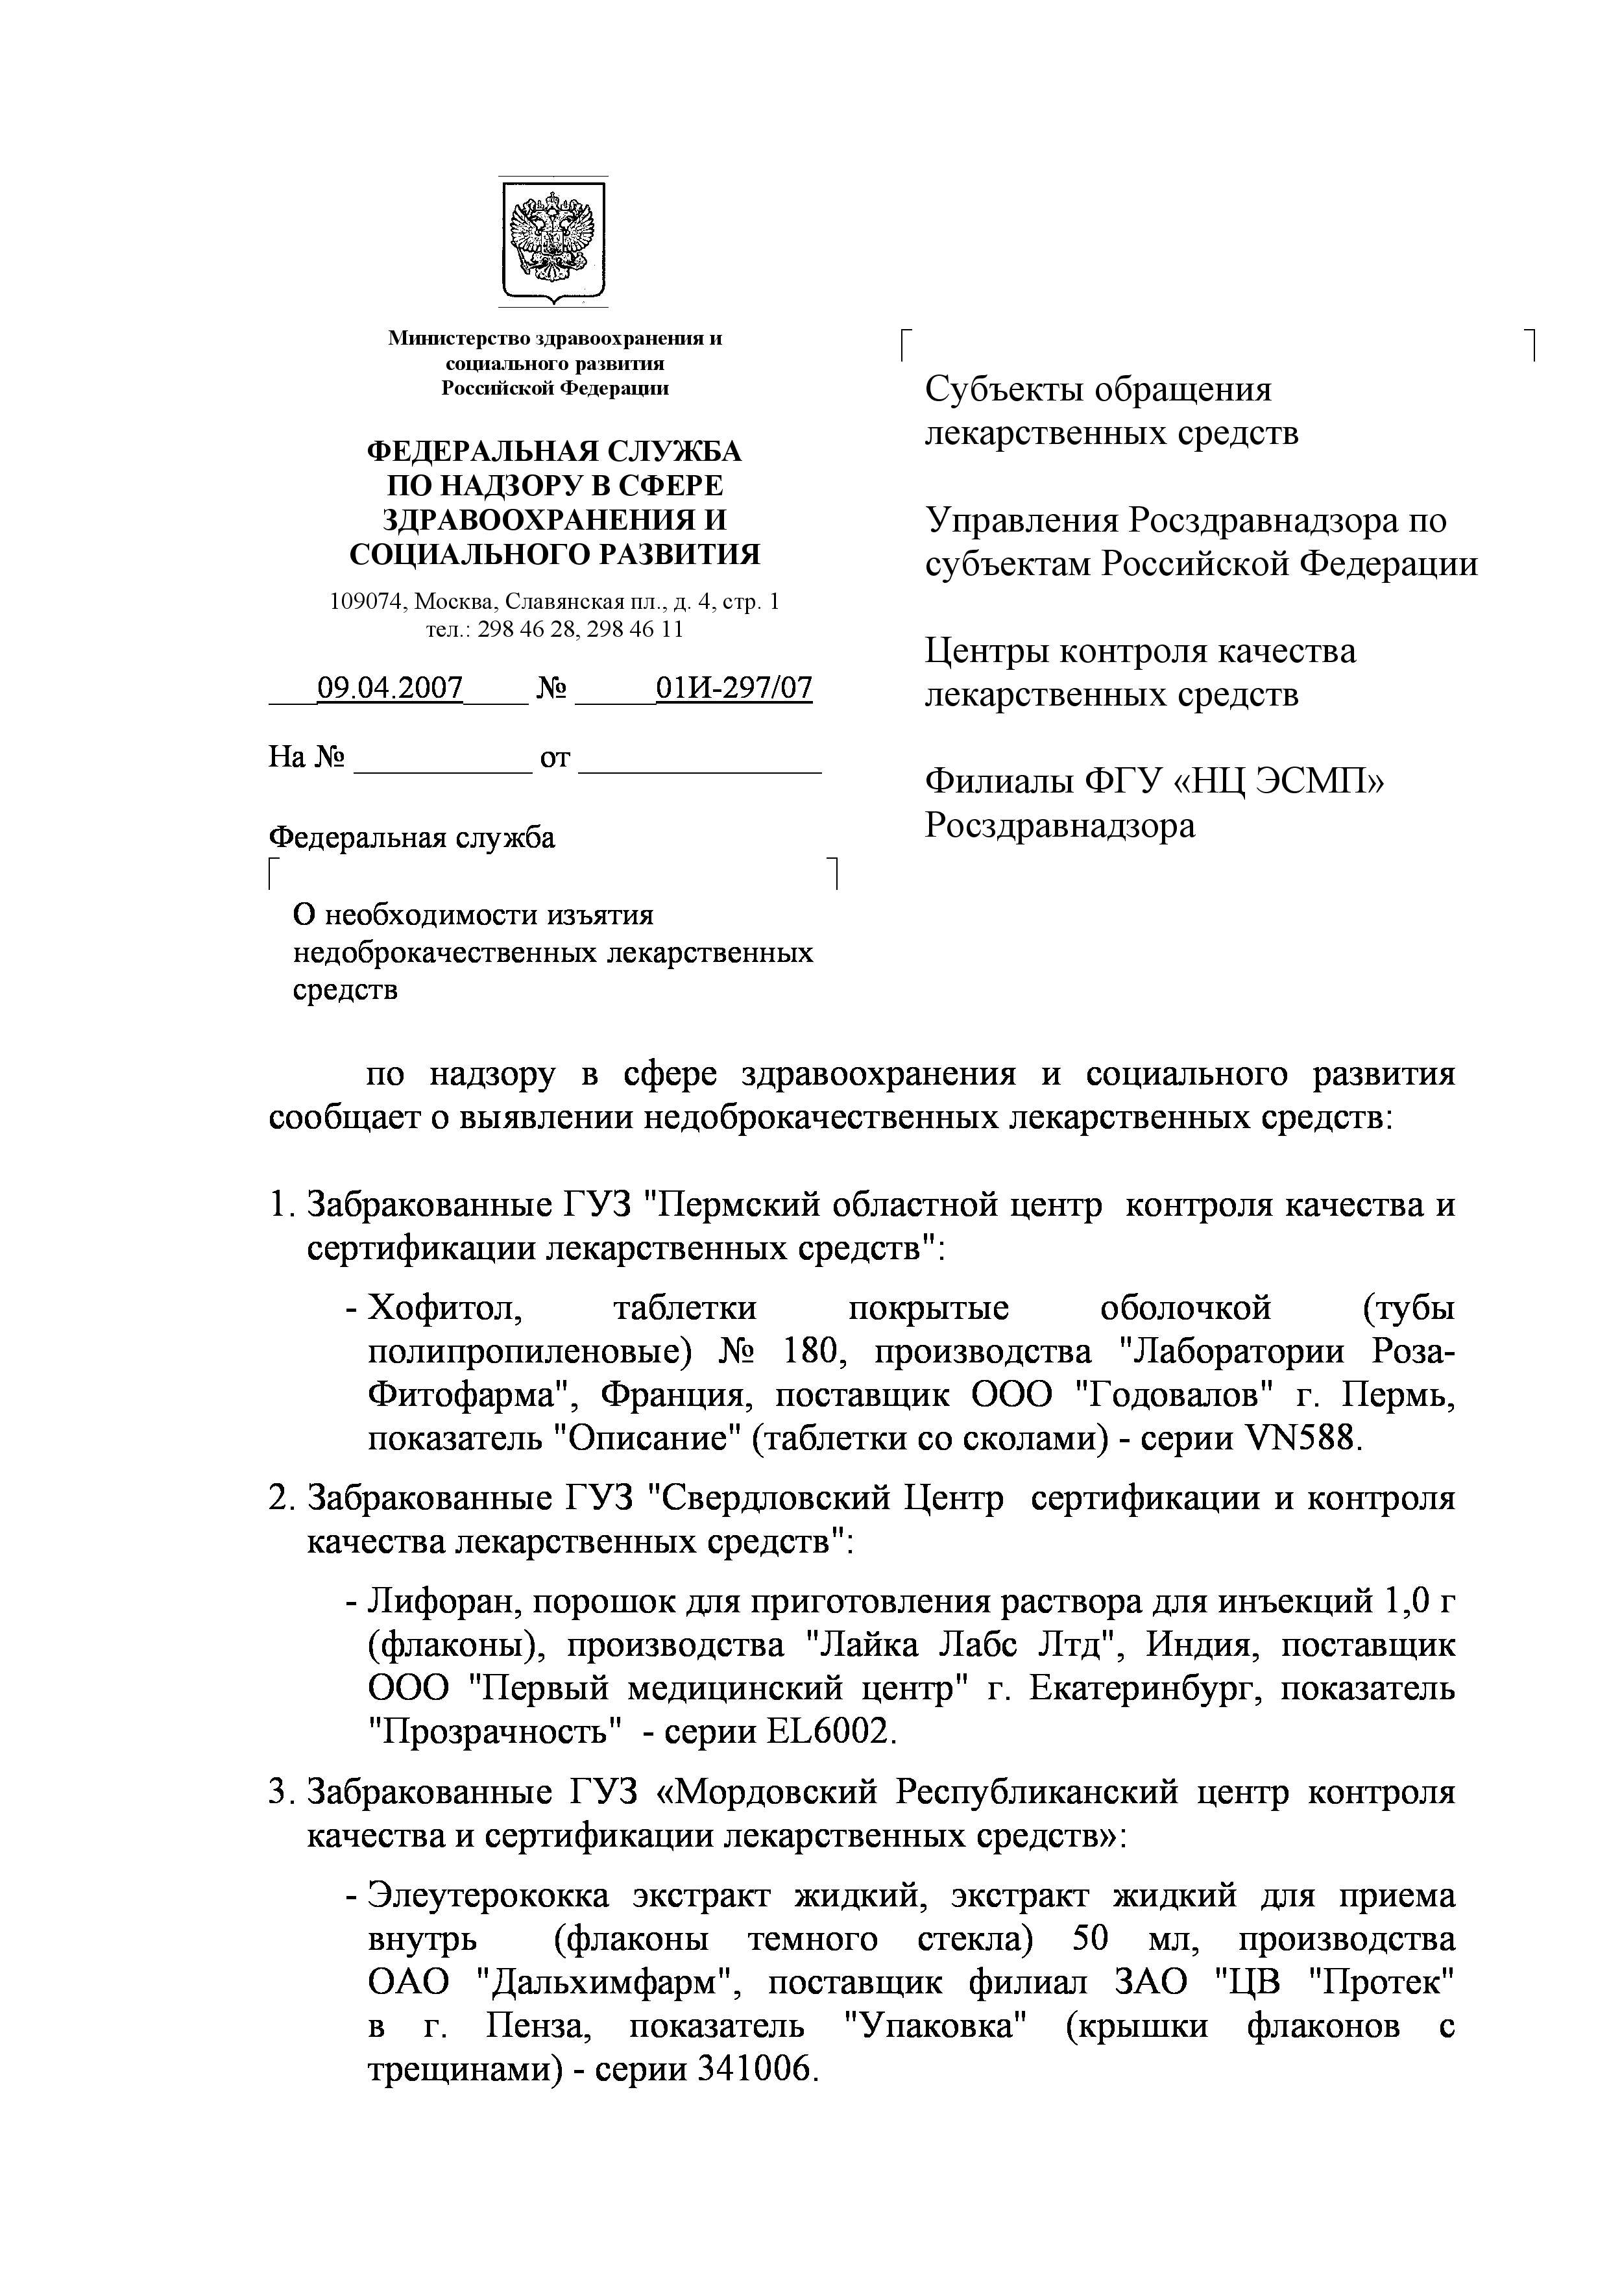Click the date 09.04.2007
click(x=390, y=687)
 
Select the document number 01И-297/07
click(x=734, y=687)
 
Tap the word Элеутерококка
click(x=489, y=1895)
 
